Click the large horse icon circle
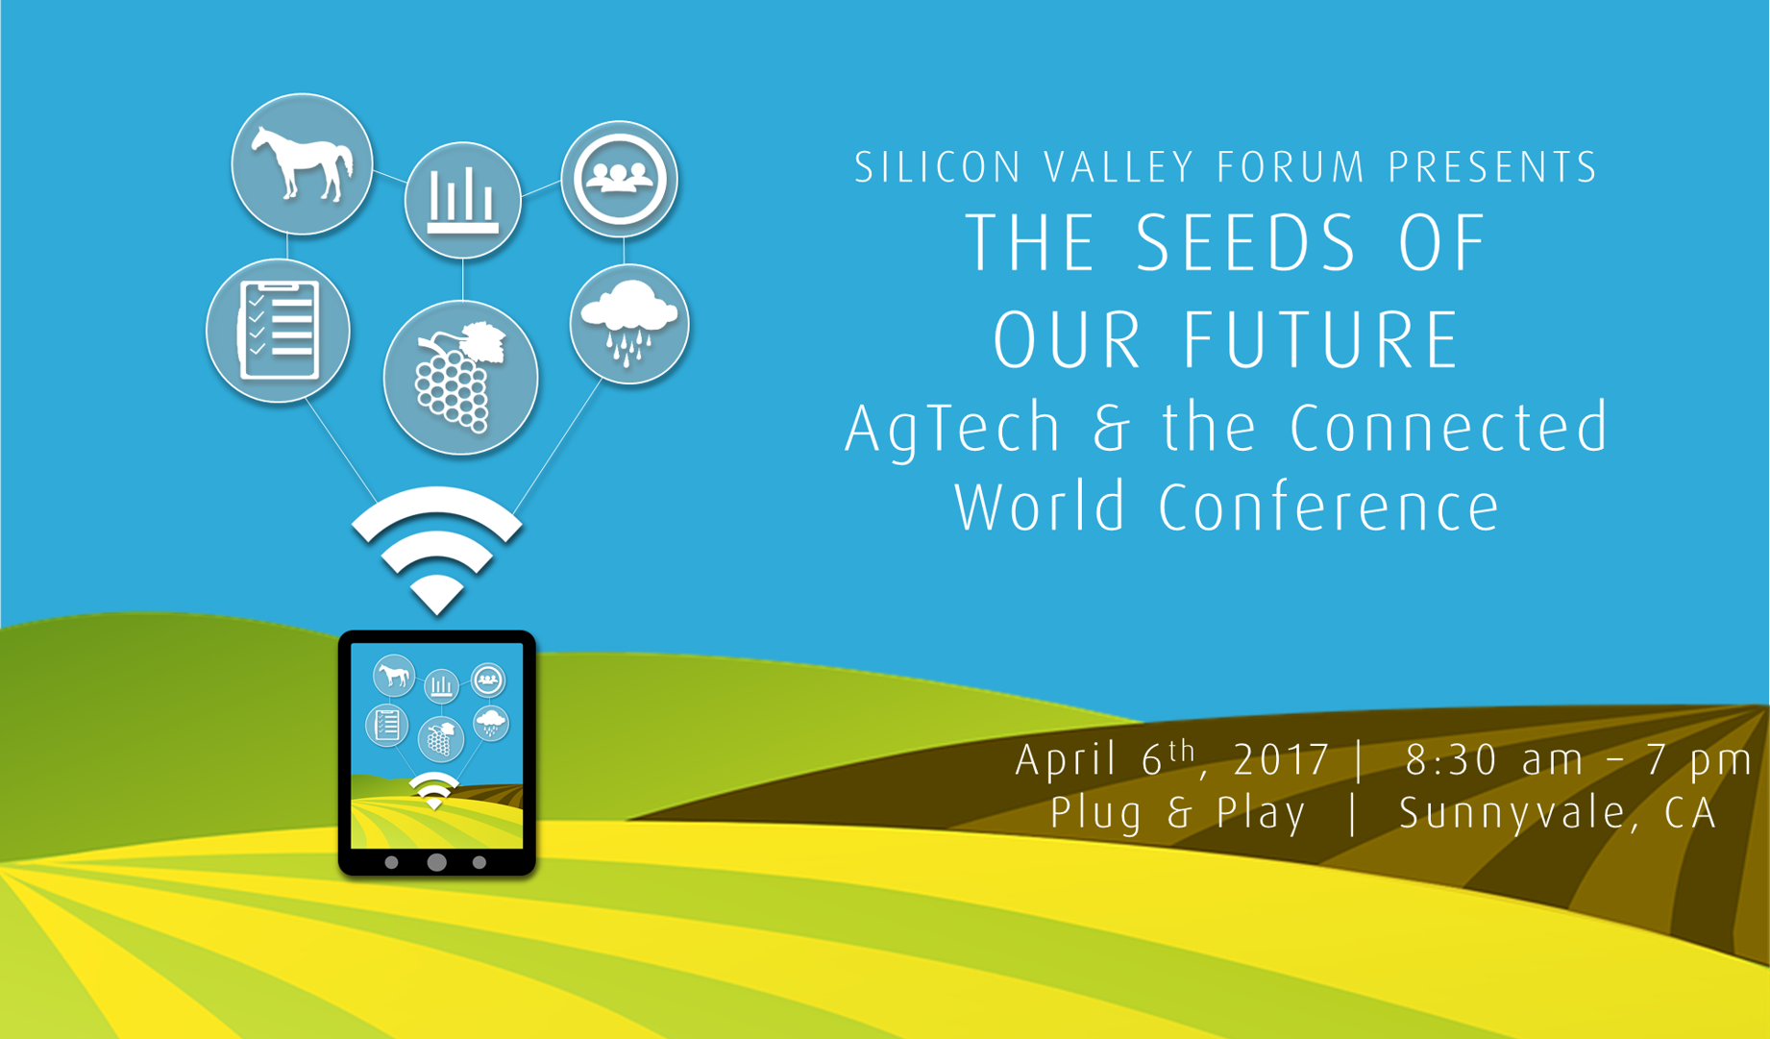[x=302, y=164]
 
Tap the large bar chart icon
[x=463, y=201]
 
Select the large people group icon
[x=620, y=179]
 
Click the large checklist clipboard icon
[x=278, y=331]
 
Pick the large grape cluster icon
[x=461, y=378]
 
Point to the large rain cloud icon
[x=629, y=324]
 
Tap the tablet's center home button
[x=436, y=862]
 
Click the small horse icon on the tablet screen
[x=394, y=676]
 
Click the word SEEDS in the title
[x=1246, y=244]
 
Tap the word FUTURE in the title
[x=1321, y=340]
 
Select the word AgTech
[x=952, y=430]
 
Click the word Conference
[x=1329, y=507]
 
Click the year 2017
[x=1282, y=760]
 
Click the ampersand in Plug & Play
[x=1181, y=813]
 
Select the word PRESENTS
[x=1493, y=167]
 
